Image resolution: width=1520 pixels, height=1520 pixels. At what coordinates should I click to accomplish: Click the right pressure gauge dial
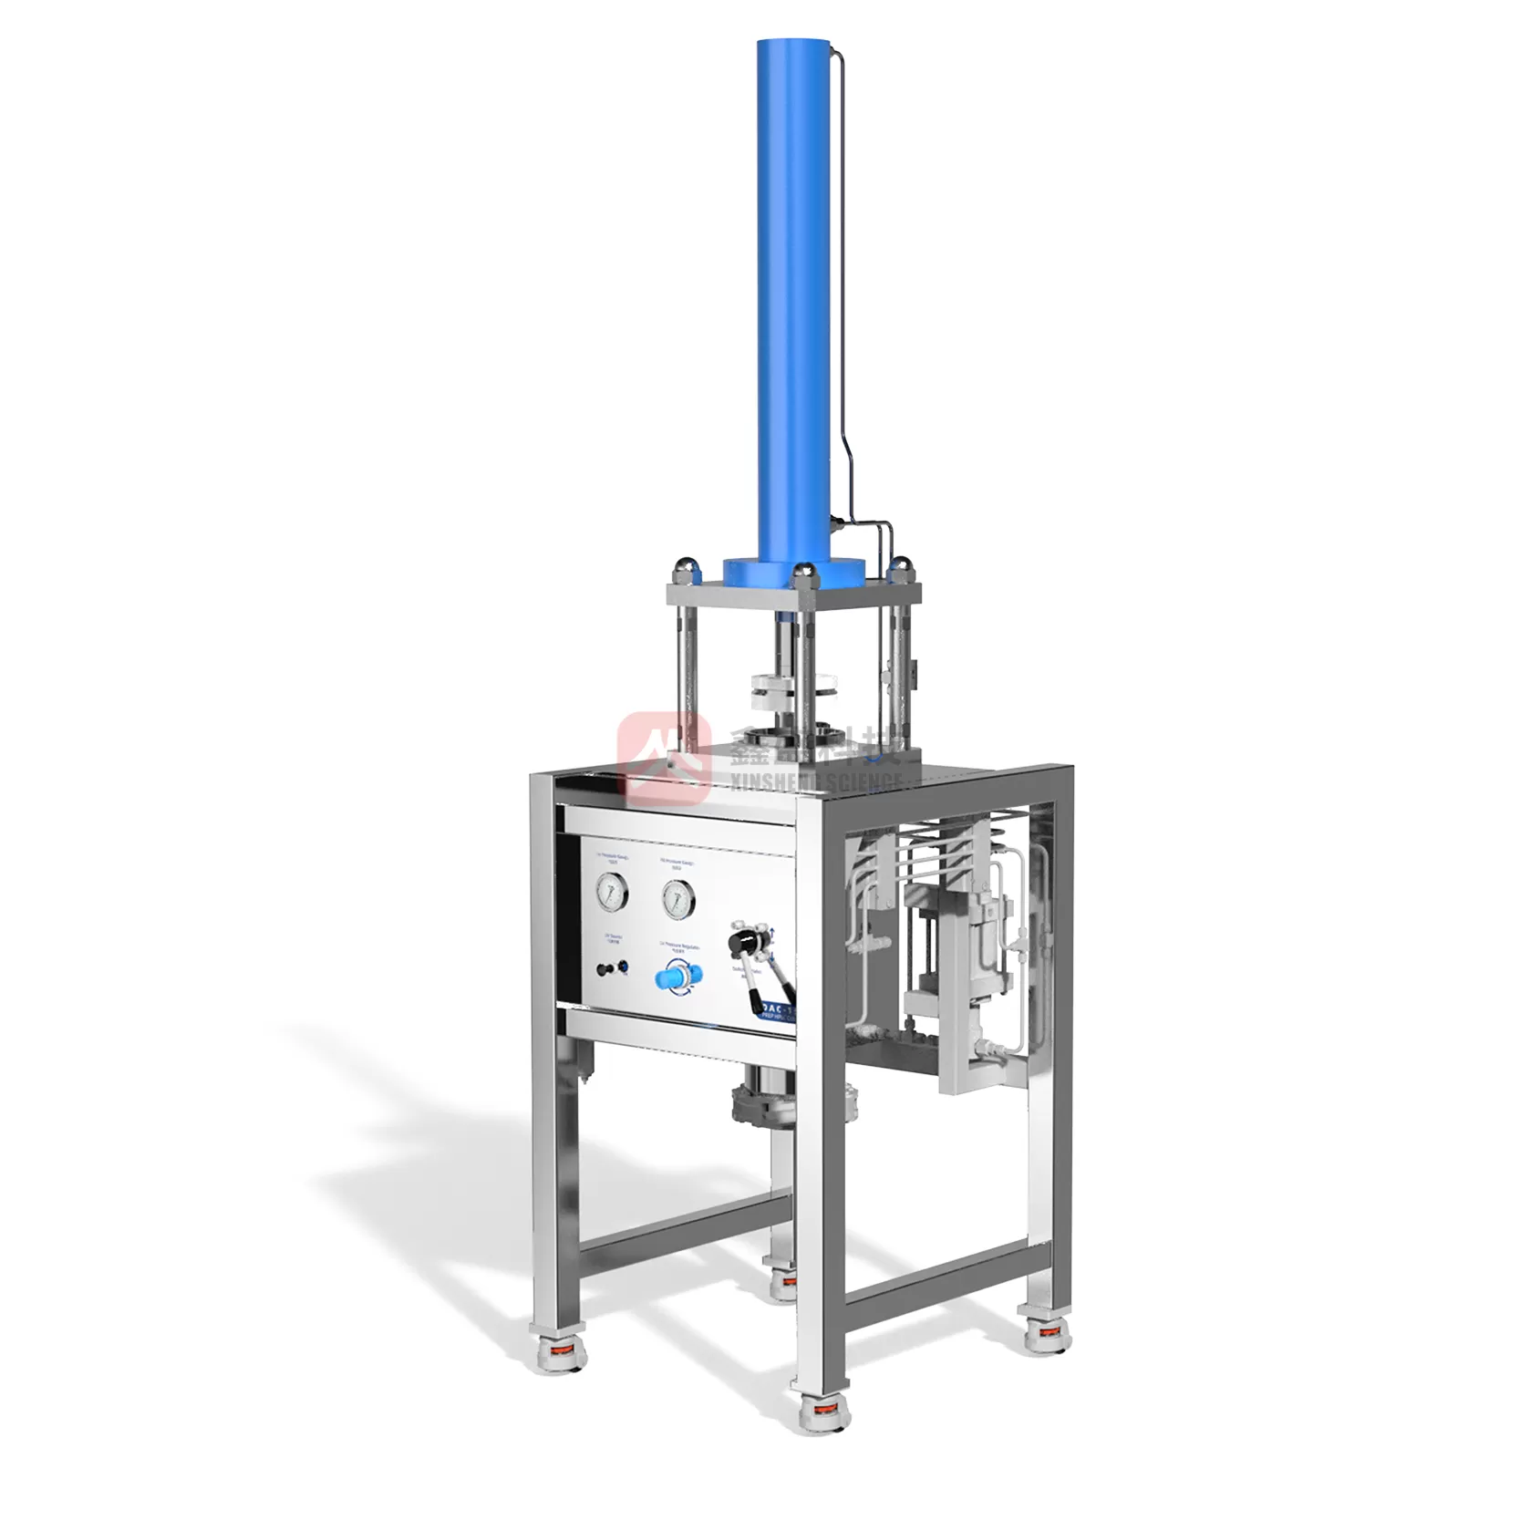677,899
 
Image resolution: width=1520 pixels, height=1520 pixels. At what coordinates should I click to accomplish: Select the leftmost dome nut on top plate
683,572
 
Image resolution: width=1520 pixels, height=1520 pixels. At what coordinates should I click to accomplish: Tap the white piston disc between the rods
793,685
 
